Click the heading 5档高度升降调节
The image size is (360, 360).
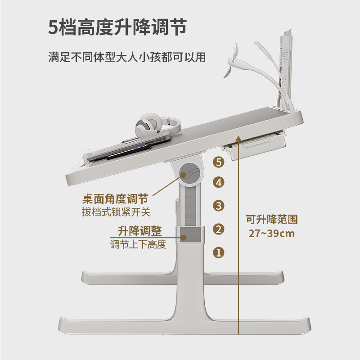coord(117,27)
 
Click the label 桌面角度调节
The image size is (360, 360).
coord(115,199)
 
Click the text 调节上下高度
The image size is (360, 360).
coord(139,245)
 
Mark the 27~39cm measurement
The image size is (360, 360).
coord(272,234)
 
